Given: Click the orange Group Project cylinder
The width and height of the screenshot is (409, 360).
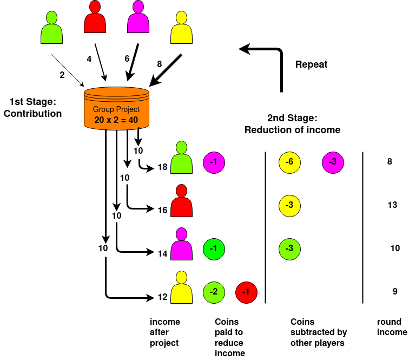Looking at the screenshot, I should pyautogui.click(x=116, y=109).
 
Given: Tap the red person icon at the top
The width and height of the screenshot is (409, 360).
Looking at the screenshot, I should pyautogui.click(x=95, y=18).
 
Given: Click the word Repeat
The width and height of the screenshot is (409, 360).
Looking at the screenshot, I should pyautogui.click(x=311, y=64).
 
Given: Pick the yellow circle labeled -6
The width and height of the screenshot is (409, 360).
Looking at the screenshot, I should pyautogui.click(x=289, y=162).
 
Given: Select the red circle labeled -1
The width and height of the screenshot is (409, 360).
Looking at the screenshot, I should pyautogui.click(x=246, y=292).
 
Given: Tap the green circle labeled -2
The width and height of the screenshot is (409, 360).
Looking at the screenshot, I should pyautogui.click(x=214, y=292).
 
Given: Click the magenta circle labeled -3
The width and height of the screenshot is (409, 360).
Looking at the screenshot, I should pyautogui.click(x=333, y=162).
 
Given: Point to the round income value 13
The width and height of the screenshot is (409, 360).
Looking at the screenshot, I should pyautogui.click(x=393, y=205).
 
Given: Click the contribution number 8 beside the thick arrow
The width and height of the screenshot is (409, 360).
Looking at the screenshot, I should pyautogui.click(x=160, y=64).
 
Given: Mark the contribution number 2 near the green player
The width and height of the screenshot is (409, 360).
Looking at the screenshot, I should pyautogui.click(x=62, y=75).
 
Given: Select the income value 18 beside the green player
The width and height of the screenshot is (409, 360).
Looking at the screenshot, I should pyautogui.click(x=162, y=167).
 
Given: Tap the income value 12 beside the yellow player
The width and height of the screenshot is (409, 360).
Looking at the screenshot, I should pyautogui.click(x=162, y=297).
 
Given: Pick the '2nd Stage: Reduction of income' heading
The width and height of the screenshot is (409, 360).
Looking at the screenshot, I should pyautogui.click(x=292, y=124).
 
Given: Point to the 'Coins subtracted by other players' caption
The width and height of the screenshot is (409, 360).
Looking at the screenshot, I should pyautogui.click(x=319, y=332).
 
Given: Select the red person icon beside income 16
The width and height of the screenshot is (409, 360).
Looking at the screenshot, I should pyautogui.click(x=182, y=201).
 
